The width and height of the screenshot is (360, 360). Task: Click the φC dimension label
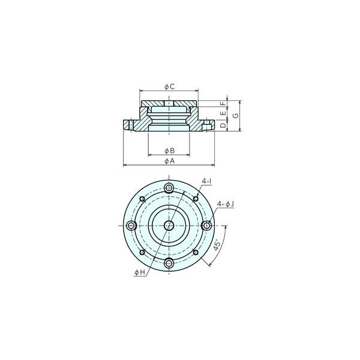[x=169, y=86]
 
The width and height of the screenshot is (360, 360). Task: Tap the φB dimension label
[x=169, y=151]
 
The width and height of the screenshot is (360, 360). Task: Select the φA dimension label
[x=169, y=161]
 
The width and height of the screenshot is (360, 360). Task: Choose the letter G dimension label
[x=236, y=115]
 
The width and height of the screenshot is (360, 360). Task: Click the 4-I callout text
[x=206, y=181]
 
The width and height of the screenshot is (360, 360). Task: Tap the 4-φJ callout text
[x=226, y=204]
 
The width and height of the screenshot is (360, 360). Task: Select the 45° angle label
[x=217, y=245]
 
